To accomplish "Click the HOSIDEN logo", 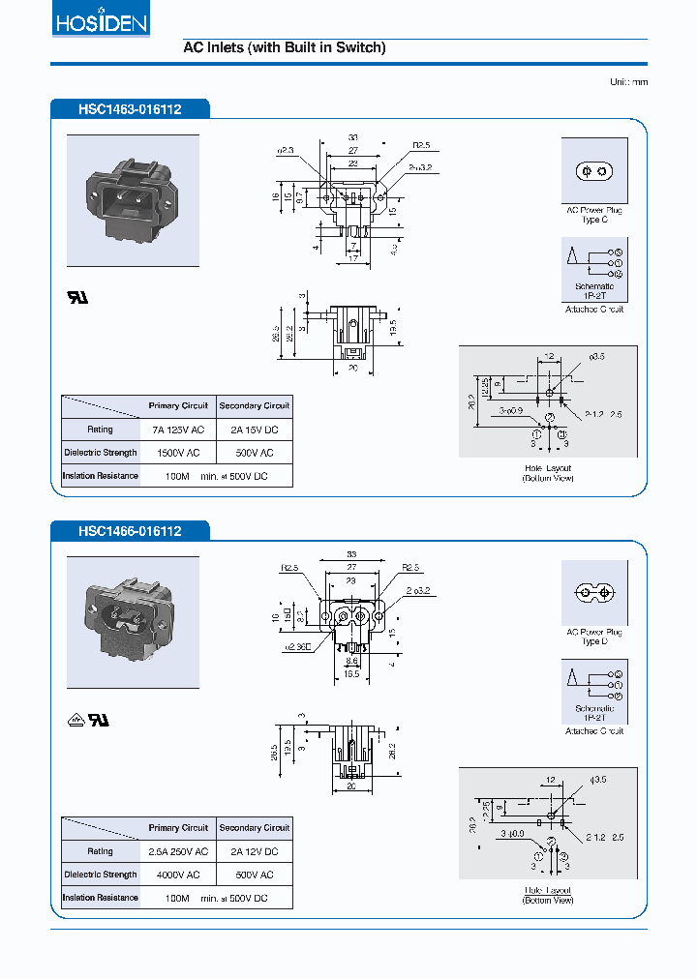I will pyautogui.click(x=100, y=21).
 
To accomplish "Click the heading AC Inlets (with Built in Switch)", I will pyautogui.click(x=285, y=47).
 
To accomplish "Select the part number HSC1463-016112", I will pyautogui.click(x=130, y=110).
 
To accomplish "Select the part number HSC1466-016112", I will pyautogui.click(x=130, y=531).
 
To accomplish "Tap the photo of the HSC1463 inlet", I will pyautogui.click(x=133, y=200).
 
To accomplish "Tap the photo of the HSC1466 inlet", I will pyautogui.click(x=133, y=622).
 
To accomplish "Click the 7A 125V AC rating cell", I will pyautogui.click(x=177, y=429).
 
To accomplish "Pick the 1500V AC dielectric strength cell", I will pyautogui.click(x=177, y=453).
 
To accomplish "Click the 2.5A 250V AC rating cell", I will pyautogui.click(x=177, y=851).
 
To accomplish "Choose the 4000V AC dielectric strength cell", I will pyautogui.click(x=177, y=875).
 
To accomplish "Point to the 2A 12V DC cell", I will pyautogui.click(x=254, y=851).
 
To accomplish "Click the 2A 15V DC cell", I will pyautogui.click(x=254, y=429).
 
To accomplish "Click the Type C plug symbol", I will pyautogui.click(x=594, y=171).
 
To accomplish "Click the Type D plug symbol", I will pyautogui.click(x=594, y=592).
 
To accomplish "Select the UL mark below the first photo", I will pyautogui.click(x=76, y=297).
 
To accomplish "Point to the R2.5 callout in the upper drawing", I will pyautogui.click(x=420, y=146).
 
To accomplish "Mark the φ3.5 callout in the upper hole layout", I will pyautogui.click(x=595, y=357).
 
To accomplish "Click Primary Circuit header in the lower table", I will pyautogui.click(x=177, y=828).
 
